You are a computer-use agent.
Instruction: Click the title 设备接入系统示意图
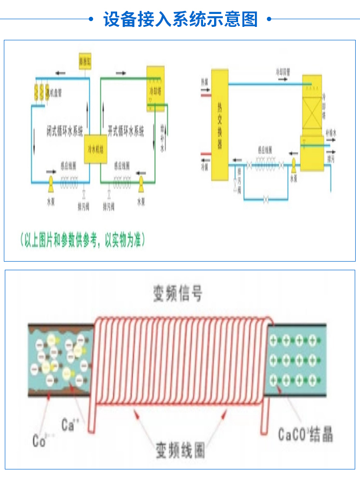[x=180, y=20]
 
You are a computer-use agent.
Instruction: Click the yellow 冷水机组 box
[x=96, y=149]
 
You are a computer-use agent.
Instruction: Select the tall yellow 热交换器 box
[x=220, y=125]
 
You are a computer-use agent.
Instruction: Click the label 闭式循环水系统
[x=65, y=130]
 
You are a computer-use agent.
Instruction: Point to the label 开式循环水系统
[x=126, y=130]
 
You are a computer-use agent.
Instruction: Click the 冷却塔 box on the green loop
[x=155, y=89]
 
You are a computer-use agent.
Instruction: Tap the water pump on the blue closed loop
[x=50, y=181]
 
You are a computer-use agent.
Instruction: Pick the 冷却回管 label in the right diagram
[x=283, y=72]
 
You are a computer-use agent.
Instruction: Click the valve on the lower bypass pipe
[x=266, y=199]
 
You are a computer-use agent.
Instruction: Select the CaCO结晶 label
[x=305, y=435]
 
